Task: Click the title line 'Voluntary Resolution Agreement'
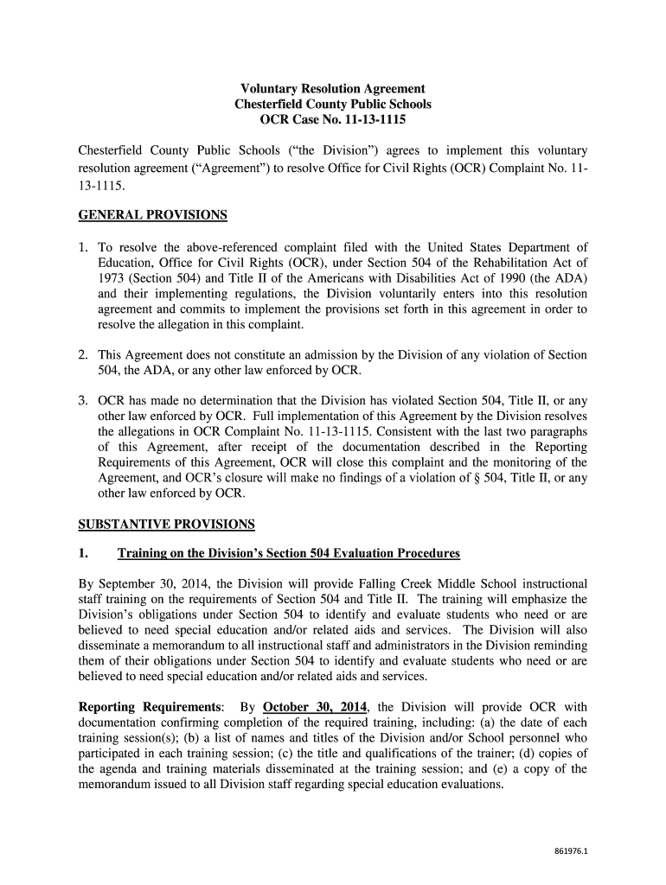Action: (x=332, y=89)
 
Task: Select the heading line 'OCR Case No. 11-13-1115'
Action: (x=332, y=120)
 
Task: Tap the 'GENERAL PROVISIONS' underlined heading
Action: (x=152, y=214)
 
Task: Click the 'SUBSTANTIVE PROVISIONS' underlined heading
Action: (x=166, y=524)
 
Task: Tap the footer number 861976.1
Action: (x=571, y=850)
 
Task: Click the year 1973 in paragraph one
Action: (x=112, y=277)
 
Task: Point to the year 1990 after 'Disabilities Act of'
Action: (x=528, y=277)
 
